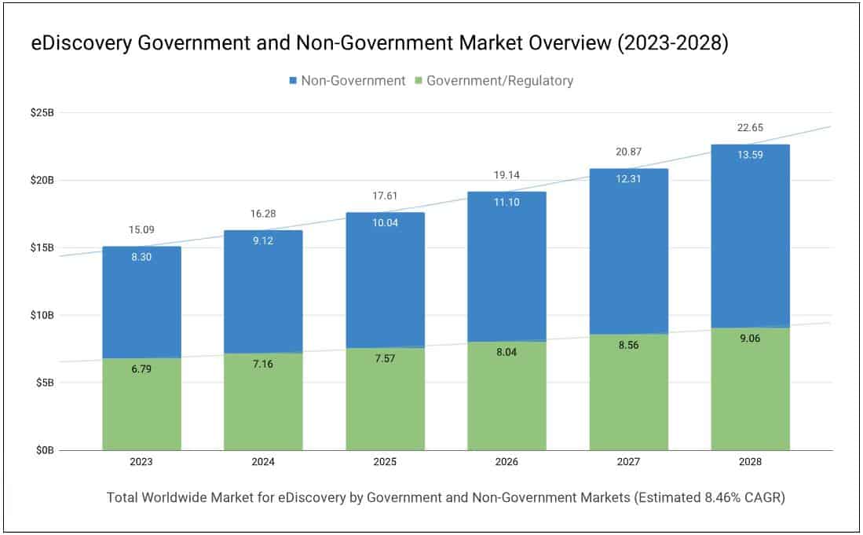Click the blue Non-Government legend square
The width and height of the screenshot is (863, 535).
293,81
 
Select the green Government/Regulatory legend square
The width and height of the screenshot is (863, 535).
419,81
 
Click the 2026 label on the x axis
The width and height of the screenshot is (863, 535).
506,463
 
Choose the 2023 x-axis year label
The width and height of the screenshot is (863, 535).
141,463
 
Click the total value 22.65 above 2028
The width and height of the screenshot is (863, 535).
750,128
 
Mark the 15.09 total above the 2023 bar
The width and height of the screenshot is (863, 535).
141,230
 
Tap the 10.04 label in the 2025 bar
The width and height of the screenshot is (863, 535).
385,222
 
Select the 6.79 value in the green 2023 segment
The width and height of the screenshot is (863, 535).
141,368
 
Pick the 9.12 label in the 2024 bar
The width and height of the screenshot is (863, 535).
263,240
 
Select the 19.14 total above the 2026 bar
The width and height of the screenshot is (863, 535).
506,175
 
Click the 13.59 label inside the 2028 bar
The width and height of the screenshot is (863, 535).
750,155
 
